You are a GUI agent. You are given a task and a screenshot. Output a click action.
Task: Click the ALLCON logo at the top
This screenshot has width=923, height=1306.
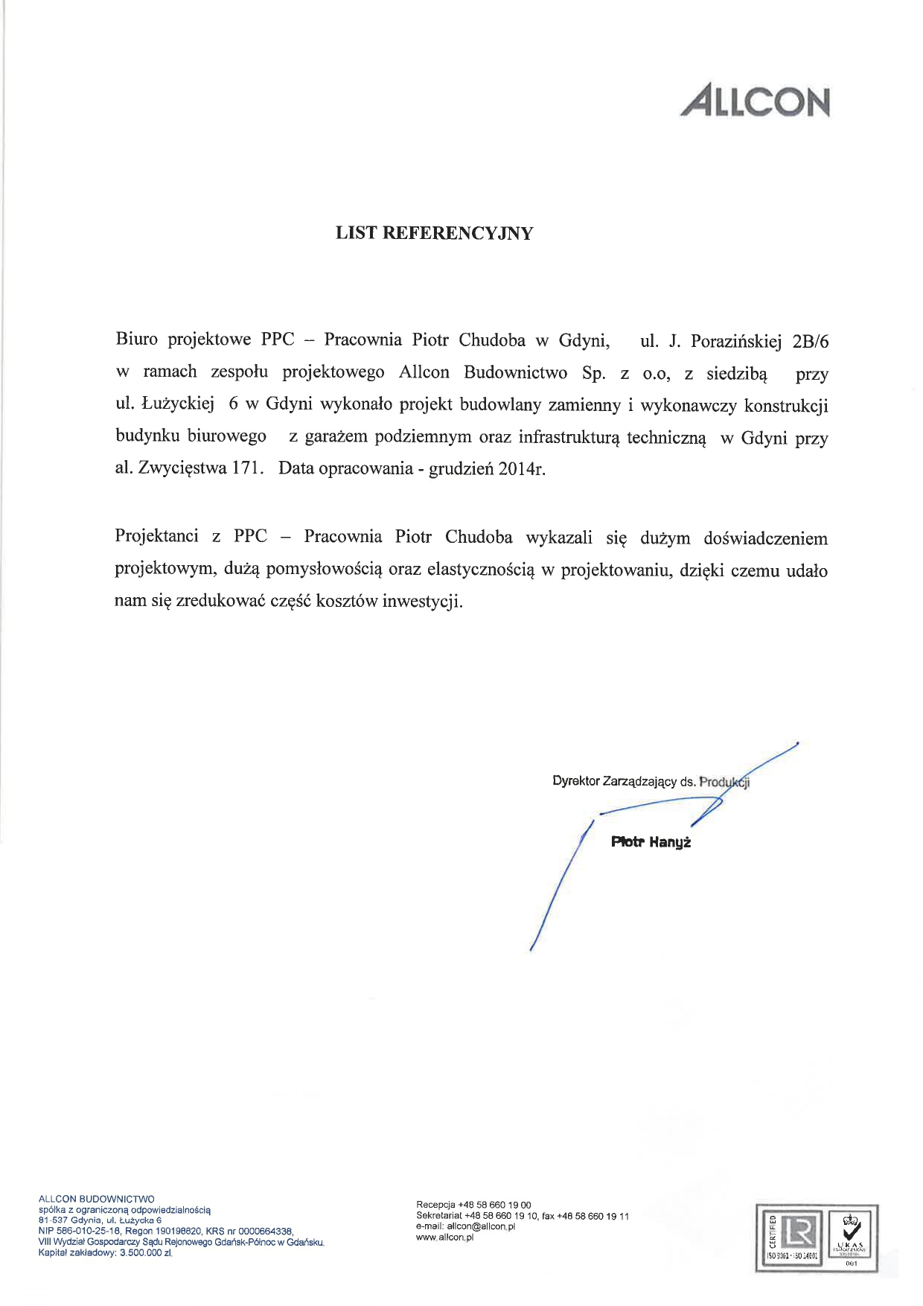755,102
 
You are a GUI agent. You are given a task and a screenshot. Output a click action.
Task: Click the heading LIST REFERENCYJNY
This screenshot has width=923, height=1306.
434,233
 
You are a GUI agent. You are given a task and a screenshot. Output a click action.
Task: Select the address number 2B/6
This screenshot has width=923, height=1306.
811,342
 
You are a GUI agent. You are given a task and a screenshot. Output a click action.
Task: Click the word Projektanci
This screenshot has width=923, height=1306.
156,536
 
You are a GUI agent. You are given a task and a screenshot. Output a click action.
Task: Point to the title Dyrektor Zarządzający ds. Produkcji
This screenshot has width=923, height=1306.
651,781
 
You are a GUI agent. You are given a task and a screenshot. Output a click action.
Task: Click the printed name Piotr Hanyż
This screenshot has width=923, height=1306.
651,842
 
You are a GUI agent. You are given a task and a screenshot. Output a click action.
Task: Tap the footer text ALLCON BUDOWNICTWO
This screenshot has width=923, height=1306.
96,1199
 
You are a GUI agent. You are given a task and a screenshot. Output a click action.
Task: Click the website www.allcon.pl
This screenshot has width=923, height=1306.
444,1237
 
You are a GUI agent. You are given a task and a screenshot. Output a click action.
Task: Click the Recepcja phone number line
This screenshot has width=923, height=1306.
473,1205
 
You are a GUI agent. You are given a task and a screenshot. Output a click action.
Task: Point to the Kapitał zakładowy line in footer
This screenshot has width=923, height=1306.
105,1253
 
